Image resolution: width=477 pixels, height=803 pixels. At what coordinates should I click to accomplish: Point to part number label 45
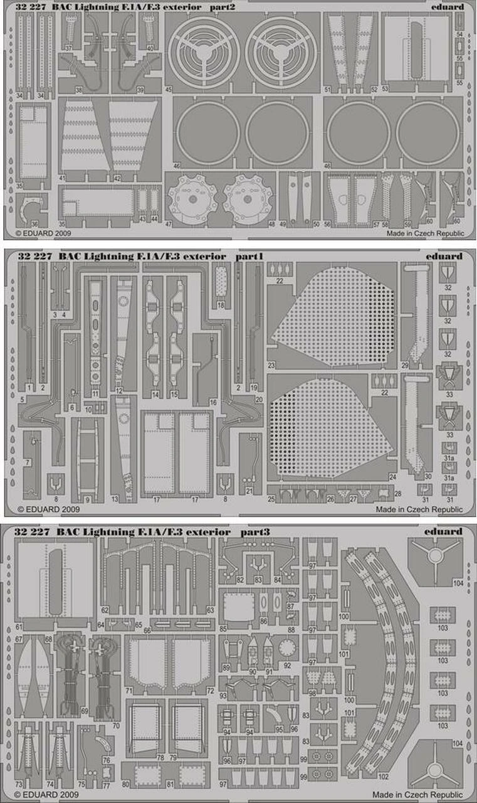(169, 90)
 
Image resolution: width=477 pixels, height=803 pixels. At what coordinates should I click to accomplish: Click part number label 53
(385, 90)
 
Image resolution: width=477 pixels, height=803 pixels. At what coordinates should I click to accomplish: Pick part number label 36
(34, 224)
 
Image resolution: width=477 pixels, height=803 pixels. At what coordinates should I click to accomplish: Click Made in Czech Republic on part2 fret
(425, 233)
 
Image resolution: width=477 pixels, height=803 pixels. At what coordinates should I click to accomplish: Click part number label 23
(271, 365)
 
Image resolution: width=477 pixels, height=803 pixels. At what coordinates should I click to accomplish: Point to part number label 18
(221, 305)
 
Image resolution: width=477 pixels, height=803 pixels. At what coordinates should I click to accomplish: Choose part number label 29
(406, 365)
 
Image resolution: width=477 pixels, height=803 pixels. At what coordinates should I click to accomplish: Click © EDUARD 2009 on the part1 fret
(44, 510)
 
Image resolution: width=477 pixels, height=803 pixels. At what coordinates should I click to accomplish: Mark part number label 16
(213, 401)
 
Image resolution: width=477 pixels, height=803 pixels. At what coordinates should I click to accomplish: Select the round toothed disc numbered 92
(288, 646)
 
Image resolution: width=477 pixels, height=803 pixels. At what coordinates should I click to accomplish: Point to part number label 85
(224, 629)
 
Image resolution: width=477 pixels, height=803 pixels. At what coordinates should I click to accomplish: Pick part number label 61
(19, 627)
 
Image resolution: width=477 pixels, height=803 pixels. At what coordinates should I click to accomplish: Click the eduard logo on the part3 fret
(448, 532)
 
